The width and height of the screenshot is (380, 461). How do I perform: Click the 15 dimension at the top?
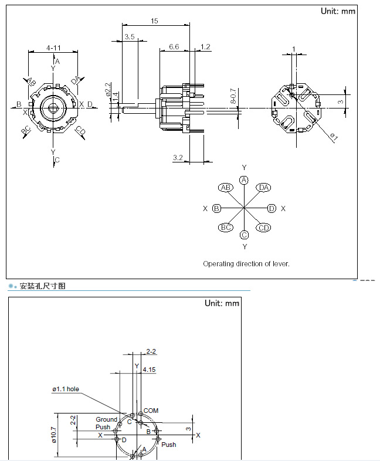point(155,21)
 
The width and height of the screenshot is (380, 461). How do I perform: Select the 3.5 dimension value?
point(130,36)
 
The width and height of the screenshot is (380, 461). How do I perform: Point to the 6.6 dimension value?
point(174,46)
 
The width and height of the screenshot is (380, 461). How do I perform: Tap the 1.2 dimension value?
point(205,46)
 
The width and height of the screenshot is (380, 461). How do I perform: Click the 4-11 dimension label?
point(53,48)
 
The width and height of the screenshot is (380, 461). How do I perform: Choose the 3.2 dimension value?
point(179,157)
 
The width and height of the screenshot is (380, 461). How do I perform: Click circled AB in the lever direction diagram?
point(226,188)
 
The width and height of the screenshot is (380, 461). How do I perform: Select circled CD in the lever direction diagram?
point(264,228)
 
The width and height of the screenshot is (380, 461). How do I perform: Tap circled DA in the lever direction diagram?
point(264,188)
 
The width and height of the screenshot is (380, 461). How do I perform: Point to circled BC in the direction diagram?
point(226,228)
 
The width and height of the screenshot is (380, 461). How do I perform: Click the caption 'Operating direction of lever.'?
point(246,264)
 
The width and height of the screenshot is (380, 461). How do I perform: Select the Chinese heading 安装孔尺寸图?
point(43,286)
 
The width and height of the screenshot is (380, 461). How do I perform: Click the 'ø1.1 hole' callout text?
point(65,389)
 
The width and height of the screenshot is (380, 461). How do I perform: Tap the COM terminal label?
point(151,411)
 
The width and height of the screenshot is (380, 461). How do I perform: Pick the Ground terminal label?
point(107,419)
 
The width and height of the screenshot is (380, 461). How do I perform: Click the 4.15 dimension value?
point(149,370)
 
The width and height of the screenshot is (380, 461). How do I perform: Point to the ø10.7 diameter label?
point(54,435)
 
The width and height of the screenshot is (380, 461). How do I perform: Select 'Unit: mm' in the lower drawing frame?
point(222,303)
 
